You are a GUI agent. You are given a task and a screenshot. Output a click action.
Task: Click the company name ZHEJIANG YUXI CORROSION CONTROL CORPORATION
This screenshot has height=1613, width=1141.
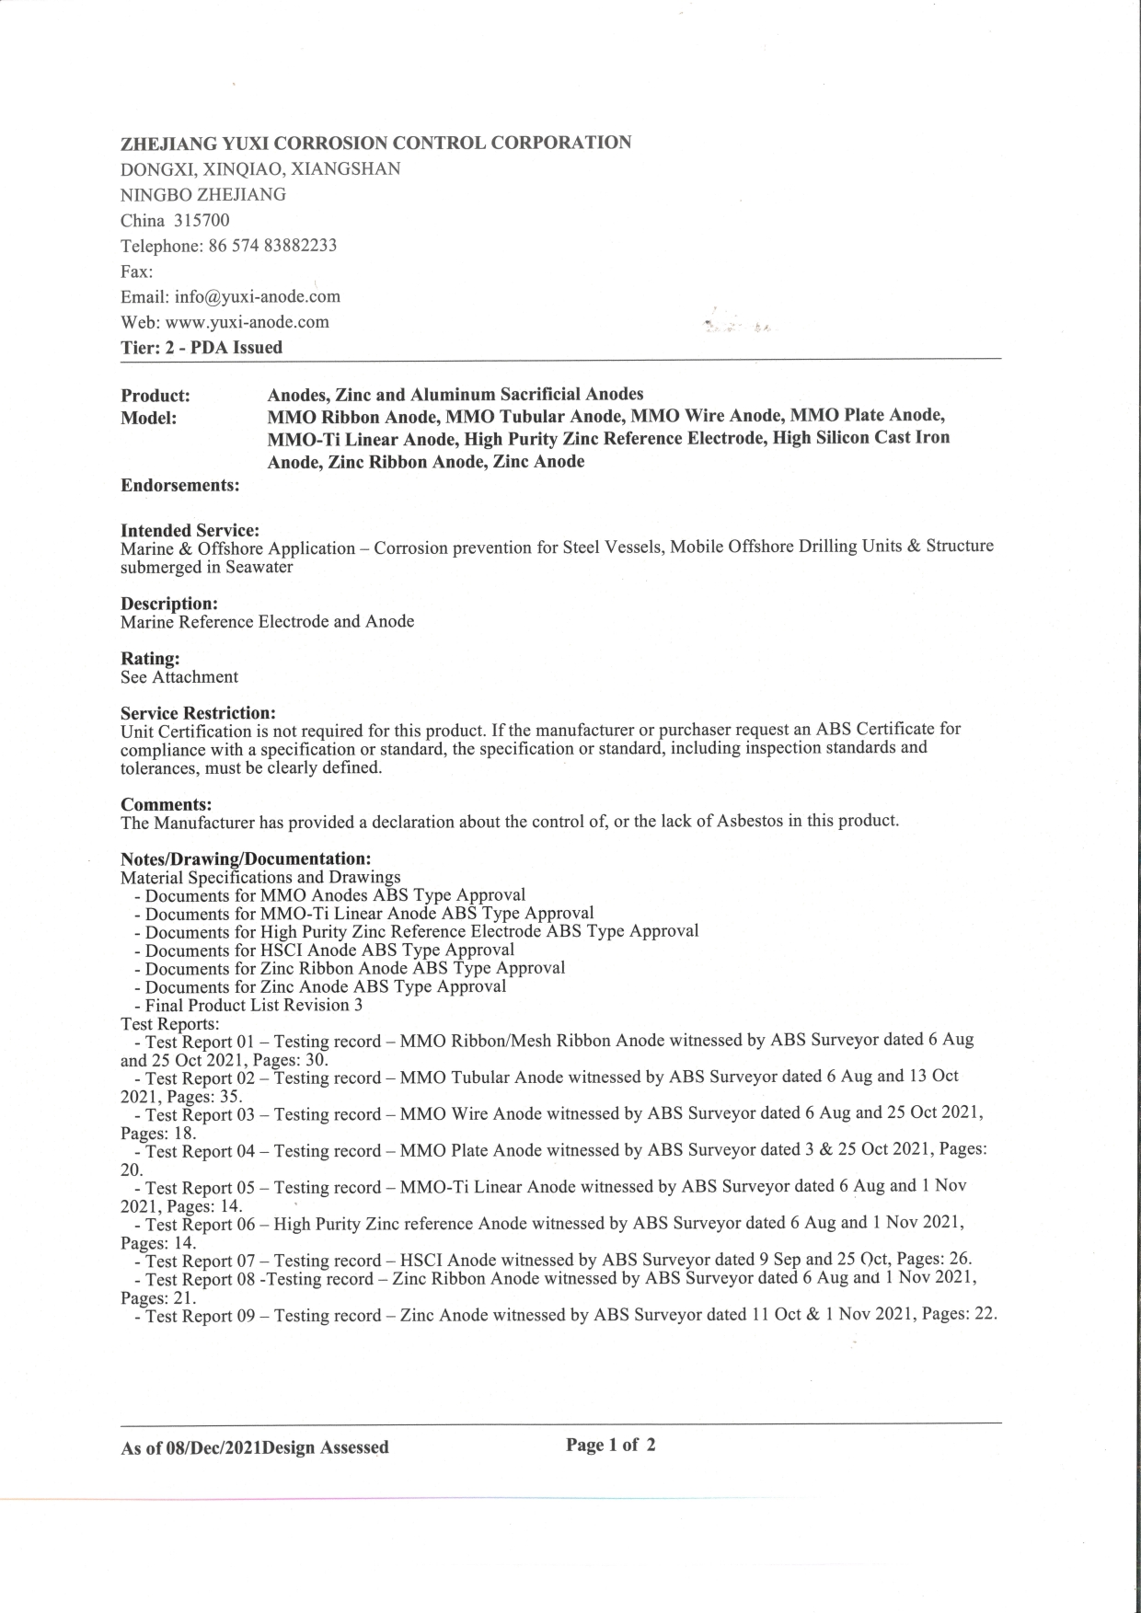click(x=375, y=143)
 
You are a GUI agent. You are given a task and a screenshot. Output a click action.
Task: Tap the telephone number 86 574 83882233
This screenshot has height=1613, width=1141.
click(x=273, y=246)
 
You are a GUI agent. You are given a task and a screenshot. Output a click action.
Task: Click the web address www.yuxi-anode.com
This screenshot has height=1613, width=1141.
click(x=247, y=322)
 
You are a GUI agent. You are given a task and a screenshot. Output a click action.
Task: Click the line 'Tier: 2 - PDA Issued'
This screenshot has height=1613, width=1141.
click(x=202, y=348)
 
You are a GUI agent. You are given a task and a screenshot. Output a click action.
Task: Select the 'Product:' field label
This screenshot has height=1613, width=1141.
click(x=156, y=396)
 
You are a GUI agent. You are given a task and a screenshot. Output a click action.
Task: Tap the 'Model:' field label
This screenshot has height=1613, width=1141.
click(x=148, y=419)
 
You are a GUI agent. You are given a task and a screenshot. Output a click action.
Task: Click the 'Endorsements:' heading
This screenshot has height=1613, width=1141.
click(x=180, y=485)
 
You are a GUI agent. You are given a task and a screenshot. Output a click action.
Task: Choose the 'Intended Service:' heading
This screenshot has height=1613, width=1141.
click(x=190, y=531)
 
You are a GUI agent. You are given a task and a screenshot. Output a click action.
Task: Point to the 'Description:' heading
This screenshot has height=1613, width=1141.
click(x=169, y=604)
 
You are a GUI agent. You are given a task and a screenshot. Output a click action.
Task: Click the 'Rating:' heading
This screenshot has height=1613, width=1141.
click(x=150, y=659)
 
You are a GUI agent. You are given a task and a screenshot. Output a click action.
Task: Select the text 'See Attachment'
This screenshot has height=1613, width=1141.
click(x=179, y=677)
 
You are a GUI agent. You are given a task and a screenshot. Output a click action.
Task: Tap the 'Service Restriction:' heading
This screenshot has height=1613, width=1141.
click(x=198, y=713)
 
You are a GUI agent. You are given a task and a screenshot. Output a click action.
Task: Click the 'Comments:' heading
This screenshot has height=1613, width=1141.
click(x=166, y=804)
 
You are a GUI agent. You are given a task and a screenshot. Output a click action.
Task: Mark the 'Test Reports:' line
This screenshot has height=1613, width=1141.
click(x=169, y=1023)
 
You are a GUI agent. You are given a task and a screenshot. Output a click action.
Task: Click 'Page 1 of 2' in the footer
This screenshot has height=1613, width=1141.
click(x=611, y=1445)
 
